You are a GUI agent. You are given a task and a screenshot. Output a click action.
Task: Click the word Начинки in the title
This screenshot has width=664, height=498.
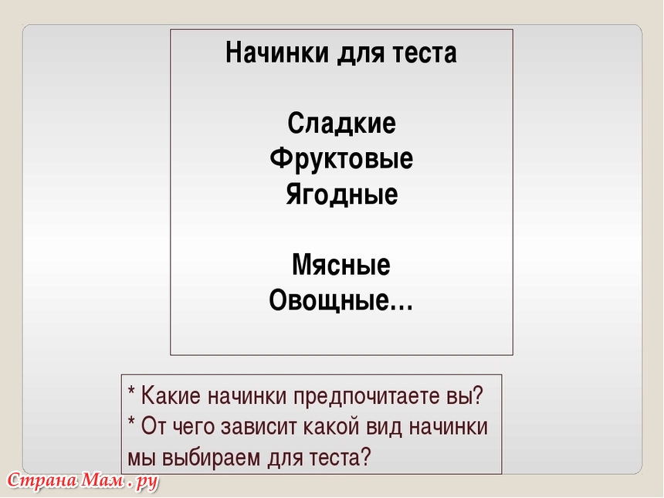click(x=277, y=53)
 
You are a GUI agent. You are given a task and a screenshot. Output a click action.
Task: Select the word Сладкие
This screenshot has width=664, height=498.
click(x=341, y=124)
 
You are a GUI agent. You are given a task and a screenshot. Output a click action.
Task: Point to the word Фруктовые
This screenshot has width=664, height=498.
click(x=341, y=159)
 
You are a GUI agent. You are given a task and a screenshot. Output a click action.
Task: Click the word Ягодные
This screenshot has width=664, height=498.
click(x=341, y=195)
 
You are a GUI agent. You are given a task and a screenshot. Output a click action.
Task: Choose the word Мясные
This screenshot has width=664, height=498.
click(x=341, y=265)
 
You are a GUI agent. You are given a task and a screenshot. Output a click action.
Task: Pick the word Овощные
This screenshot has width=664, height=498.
click(x=328, y=300)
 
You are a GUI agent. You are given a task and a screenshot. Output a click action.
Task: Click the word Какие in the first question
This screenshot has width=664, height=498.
click(x=171, y=395)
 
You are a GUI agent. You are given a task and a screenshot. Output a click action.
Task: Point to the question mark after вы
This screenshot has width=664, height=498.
click(x=478, y=395)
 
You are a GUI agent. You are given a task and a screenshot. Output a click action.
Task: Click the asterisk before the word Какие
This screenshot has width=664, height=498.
click(x=131, y=391)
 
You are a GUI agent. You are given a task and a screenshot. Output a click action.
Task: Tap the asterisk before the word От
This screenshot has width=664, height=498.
click(x=131, y=422)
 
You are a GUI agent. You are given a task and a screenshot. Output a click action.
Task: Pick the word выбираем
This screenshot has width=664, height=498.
click(x=211, y=458)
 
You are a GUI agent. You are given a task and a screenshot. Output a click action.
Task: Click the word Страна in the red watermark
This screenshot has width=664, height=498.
click(x=42, y=480)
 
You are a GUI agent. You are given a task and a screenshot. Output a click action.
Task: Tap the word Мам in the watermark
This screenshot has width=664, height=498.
click(x=103, y=480)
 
